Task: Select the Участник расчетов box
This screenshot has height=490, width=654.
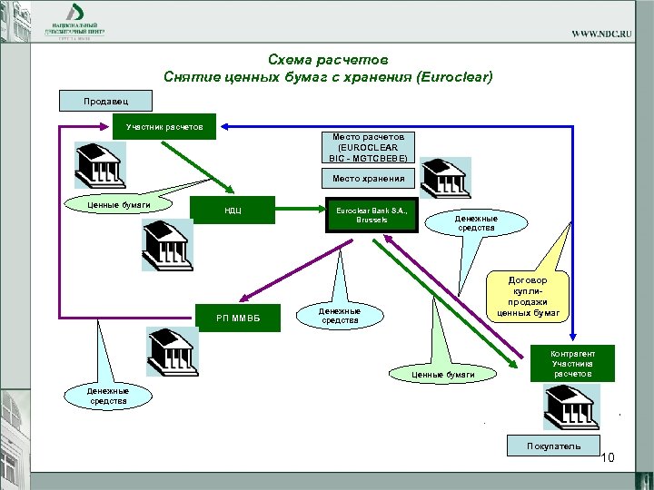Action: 164,125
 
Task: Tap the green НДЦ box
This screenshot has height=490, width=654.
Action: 232,215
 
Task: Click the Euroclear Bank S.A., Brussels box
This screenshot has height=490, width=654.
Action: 372,216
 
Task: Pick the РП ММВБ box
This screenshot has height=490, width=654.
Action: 237,317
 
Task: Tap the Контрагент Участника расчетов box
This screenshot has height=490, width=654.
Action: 572,363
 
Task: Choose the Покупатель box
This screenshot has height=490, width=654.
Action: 553,446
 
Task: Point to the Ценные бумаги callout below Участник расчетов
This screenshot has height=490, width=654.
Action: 111,205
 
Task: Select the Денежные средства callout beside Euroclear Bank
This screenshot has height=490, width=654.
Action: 476,223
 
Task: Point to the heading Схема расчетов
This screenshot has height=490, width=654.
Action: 328,60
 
